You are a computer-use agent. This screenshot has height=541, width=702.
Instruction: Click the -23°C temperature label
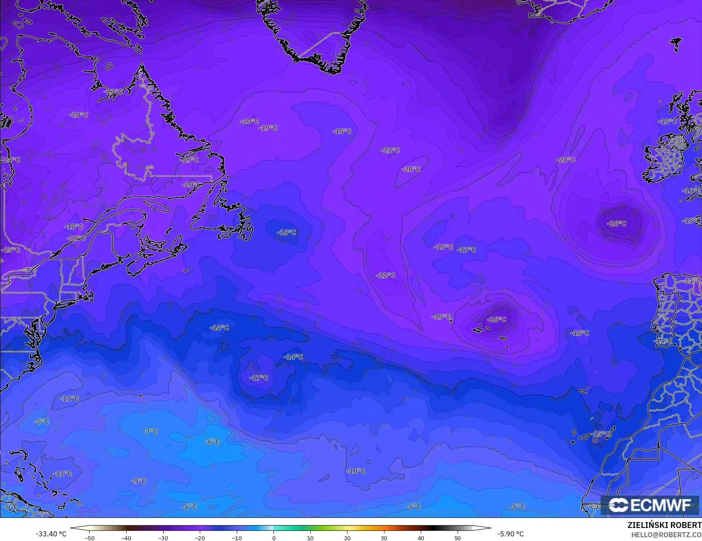[114, 92]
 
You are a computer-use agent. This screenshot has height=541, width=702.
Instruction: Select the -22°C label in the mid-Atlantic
[386, 275]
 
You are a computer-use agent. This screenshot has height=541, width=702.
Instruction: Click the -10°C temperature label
[356, 471]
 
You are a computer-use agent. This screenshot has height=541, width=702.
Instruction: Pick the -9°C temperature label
[138, 480]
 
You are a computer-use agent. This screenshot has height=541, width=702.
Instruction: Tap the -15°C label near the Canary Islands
[601, 433]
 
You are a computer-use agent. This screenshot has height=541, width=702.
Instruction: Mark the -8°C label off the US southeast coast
[41, 421]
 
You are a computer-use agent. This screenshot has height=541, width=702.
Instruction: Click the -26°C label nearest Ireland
[617, 223]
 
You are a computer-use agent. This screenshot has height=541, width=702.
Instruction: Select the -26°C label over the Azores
[497, 319]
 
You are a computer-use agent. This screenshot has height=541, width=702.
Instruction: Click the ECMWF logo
[650, 505]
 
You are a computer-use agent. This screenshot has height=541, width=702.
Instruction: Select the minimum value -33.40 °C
[51, 534]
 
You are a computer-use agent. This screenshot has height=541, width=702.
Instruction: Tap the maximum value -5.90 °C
[510, 534]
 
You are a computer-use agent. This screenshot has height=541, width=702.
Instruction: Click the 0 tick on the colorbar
[273, 538]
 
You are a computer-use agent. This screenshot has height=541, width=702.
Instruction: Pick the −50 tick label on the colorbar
[89, 538]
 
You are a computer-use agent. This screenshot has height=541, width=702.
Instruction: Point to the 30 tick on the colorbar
[384, 538]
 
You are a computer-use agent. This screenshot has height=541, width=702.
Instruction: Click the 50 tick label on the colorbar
[458, 538]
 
